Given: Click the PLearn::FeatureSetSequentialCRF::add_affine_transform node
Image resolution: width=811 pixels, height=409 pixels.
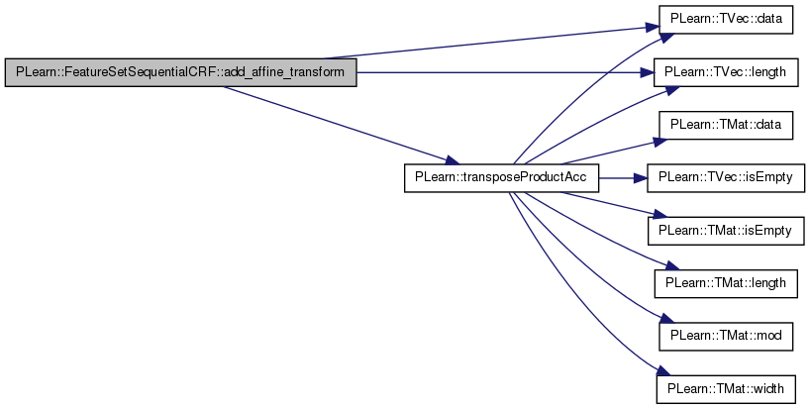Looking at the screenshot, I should tap(180, 73).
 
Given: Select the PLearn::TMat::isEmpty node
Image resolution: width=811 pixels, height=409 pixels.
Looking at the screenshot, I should tap(726, 231).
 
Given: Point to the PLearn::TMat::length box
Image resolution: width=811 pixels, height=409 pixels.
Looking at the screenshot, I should tap(726, 283).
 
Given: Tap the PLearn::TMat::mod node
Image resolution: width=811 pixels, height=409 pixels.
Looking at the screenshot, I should tap(726, 336).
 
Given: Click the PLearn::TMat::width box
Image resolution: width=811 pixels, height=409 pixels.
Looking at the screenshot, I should tap(726, 388).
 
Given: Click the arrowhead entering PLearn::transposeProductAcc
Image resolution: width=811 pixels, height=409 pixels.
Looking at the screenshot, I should tap(451, 162).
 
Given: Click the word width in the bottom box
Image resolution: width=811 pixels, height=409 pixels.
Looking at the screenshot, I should tap(765, 388).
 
